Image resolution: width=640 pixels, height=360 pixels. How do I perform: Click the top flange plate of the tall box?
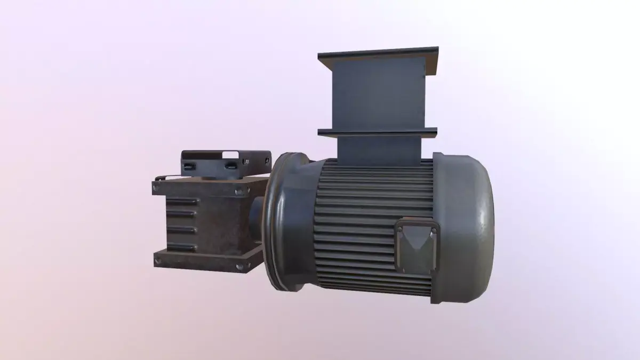(x=378, y=55)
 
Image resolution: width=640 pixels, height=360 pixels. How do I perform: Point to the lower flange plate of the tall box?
(x=378, y=131)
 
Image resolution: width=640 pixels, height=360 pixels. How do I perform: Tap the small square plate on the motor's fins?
(x=416, y=247)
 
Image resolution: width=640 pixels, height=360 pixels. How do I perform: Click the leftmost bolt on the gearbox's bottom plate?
(x=157, y=261)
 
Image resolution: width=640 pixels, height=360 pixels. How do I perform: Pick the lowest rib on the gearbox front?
(x=181, y=246)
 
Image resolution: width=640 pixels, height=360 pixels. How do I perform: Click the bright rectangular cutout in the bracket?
(x=230, y=155)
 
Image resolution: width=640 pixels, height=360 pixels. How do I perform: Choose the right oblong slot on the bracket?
(x=230, y=166)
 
